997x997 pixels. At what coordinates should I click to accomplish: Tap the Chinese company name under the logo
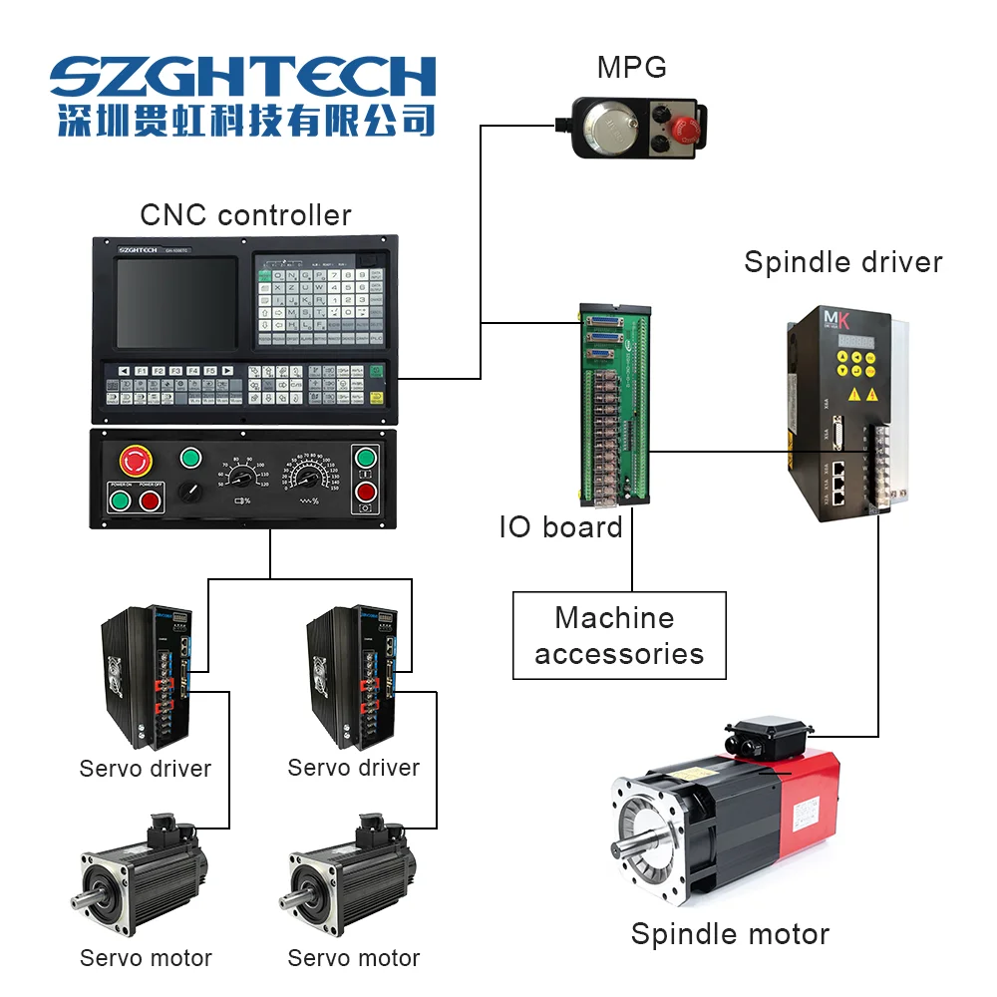(x=244, y=119)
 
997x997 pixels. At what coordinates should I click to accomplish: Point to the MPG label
(x=631, y=68)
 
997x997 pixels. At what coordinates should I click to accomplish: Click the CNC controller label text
(x=245, y=214)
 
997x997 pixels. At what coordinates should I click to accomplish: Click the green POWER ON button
(x=122, y=500)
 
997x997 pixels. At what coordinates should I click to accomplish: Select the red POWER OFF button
(x=151, y=500)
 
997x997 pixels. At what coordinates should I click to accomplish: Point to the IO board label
(x=560, y=527)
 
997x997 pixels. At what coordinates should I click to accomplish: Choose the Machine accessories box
(x=619, y=635)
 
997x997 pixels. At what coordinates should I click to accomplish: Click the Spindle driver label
(x=842, y=262)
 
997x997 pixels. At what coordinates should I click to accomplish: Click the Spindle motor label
(x=730, y=934)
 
